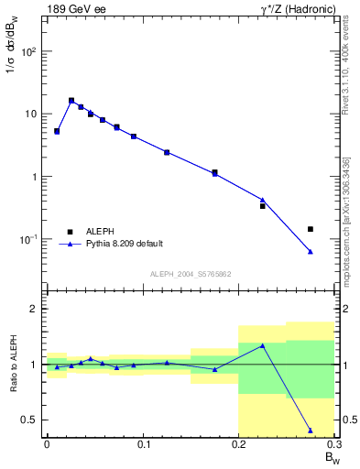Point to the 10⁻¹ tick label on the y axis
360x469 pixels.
(x=28, y=239)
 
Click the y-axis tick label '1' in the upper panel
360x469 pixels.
(x=35, y=177)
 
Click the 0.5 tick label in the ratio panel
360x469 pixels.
(x=29, y=420)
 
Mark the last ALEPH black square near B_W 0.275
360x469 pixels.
(x=311, y=229)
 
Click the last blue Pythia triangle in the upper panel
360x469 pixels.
(x=311, y=251)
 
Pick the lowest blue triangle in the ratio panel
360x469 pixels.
(x=311, y=430)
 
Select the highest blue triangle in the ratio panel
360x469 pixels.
(x=263, y=345)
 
